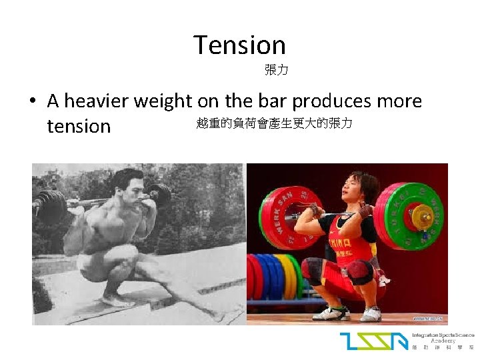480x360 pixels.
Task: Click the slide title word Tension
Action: (239, 45)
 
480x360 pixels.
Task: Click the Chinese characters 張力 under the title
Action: (276, 69)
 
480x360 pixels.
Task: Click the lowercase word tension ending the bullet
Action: (79, 125)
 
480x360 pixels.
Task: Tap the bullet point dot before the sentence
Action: (33, 102)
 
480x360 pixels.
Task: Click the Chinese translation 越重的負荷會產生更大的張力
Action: (274, 123)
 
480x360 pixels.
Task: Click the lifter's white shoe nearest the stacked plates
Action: (330, 312)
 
